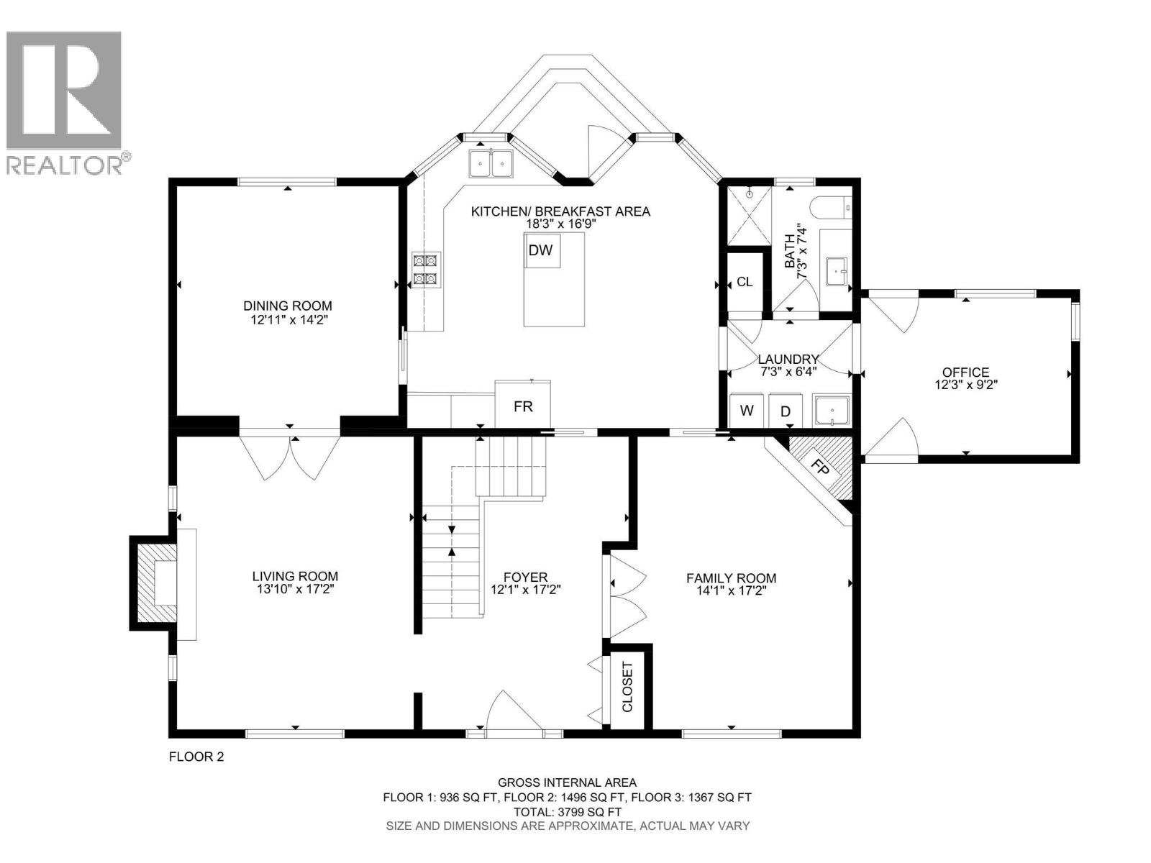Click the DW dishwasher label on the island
(x=540, y=250)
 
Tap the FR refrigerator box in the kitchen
(x=523, y=406)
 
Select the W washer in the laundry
(x=747, y=411)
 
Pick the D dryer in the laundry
(x=786, y=411)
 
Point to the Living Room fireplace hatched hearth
(x=153, y=584)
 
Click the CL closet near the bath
(x=745, y=282)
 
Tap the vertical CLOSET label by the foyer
(x=627, y=687)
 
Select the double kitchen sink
(x=491, y=163)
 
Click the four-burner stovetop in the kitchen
(x=425, y=270)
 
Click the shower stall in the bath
(x=749, y=215)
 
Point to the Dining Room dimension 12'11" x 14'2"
(x=288, y=319)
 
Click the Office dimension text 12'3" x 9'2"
(x=965, y=384)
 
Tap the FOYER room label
(x=525, y=577)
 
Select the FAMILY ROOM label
(x=731, y=577)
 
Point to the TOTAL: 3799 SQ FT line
(x=567, y=811)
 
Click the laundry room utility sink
(x=832, y=411)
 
